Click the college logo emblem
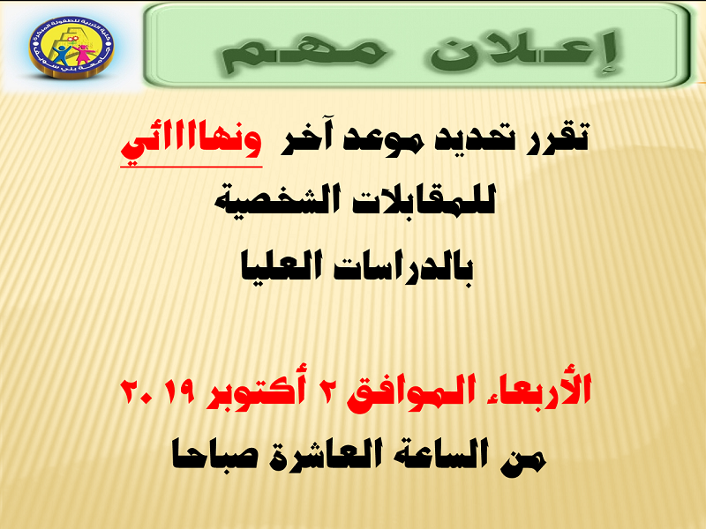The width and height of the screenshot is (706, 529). tap(71, 47)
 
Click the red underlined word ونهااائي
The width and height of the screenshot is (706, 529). tap(192, 143)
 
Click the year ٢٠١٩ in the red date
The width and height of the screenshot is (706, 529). tap(158, 391)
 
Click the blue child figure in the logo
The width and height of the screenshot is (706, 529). tap(60, 54)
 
